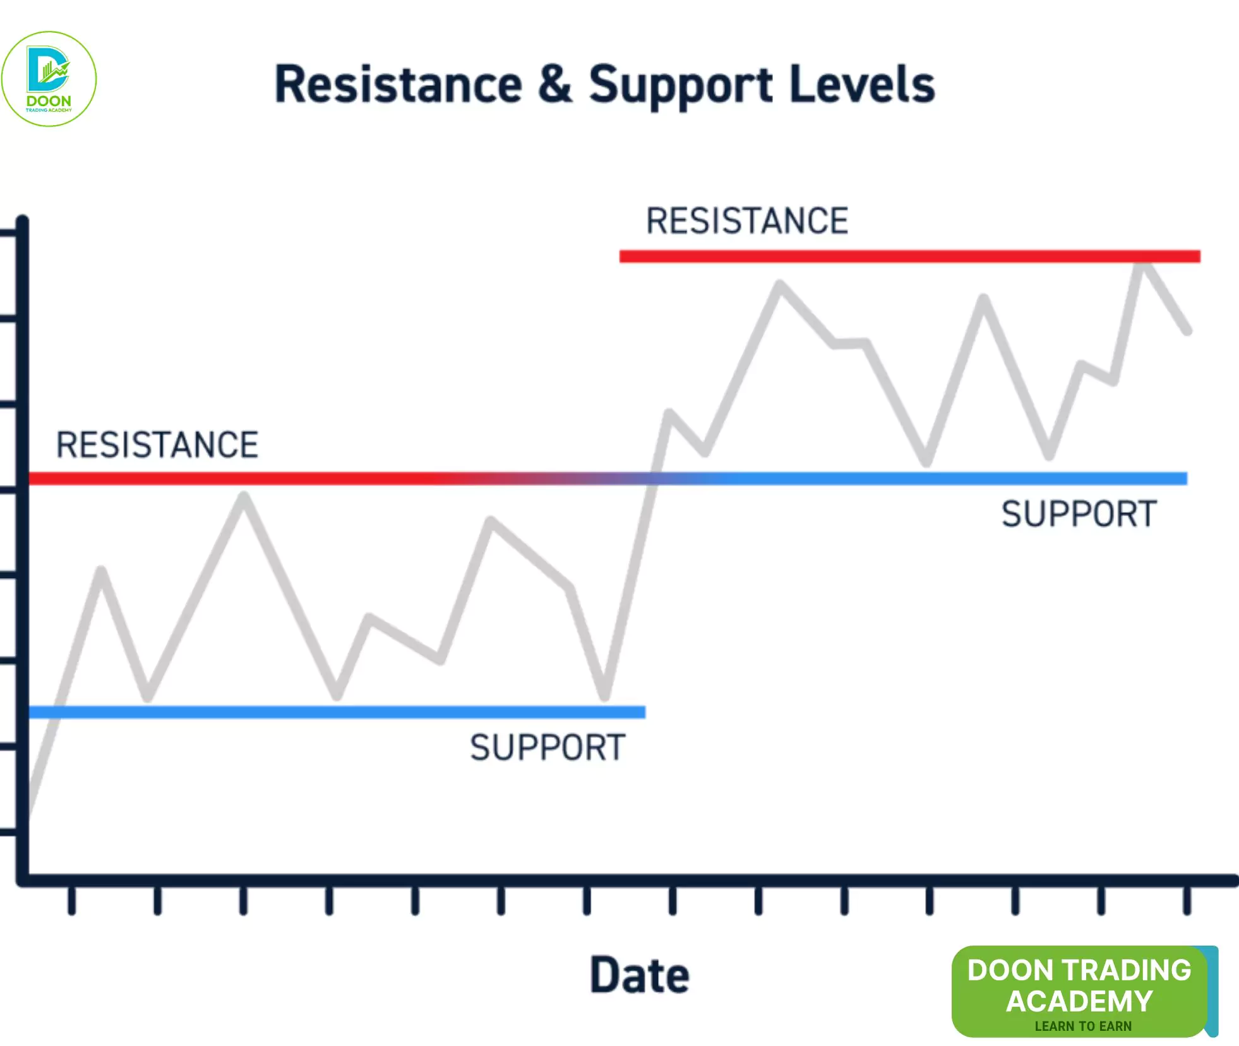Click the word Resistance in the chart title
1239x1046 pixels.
pos(398,85)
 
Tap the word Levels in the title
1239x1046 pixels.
pos(861,85)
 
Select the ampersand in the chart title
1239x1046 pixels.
pos(555,85)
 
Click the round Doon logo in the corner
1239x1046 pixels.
pos(49,79)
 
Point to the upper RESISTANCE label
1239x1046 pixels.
pos(747,221)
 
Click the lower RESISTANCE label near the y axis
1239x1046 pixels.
pos(157,445)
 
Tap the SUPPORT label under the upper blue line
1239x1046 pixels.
pos(1079,514)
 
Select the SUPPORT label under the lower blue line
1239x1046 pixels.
pos(548,748)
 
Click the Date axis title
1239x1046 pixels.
pos(639,975)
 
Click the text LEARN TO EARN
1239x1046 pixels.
pos(1083,1026)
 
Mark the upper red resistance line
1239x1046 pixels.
pos(909,256)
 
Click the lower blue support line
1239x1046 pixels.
pos(337,712)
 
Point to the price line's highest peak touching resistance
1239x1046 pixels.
pos(1142,265)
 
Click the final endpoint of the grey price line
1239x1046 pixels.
pos(1187,330)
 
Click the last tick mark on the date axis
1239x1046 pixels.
pos(1187,900)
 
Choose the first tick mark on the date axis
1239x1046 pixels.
pos(72,900)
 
